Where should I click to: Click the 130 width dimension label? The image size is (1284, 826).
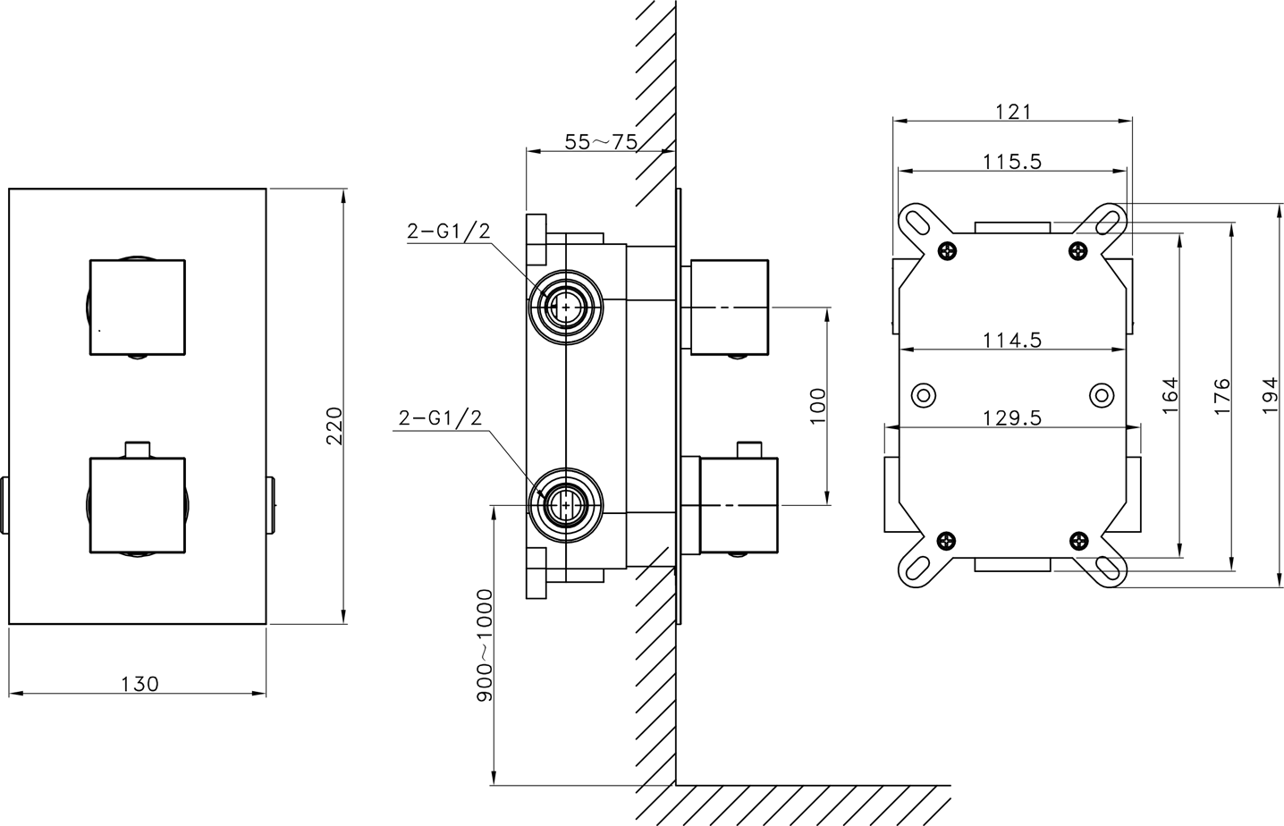tap(139, 684)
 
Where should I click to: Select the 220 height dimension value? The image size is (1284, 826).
tap(334, 426)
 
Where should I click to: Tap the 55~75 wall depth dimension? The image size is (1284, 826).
tap(601, 141)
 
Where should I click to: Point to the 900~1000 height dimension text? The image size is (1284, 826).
tap(485, 645)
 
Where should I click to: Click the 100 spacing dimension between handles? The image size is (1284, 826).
tap(818, 406)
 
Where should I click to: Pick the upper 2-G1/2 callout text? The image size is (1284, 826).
tap(449, 231)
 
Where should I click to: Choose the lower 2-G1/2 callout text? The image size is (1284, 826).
tap(440, 417)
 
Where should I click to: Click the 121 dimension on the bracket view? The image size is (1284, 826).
tap(1013, 112)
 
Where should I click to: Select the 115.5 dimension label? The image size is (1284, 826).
tap(1012, 162)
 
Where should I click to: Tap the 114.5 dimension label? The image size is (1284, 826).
tap(1012, 341)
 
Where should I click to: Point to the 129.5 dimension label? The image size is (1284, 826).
tap(1012, 417)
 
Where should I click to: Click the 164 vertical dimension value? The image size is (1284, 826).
tap(1170, 395)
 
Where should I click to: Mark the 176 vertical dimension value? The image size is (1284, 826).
tap(1222, 396)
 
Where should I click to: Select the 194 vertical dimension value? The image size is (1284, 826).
tap(1271, 395)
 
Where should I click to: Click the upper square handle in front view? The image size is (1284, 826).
tap(138, 308)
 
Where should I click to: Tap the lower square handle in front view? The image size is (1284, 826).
tap(138, 505)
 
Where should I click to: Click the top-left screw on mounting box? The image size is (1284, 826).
tap(947, 250)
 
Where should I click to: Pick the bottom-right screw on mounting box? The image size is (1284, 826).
tap(1078, 540)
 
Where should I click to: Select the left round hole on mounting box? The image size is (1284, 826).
tap(924, 395)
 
